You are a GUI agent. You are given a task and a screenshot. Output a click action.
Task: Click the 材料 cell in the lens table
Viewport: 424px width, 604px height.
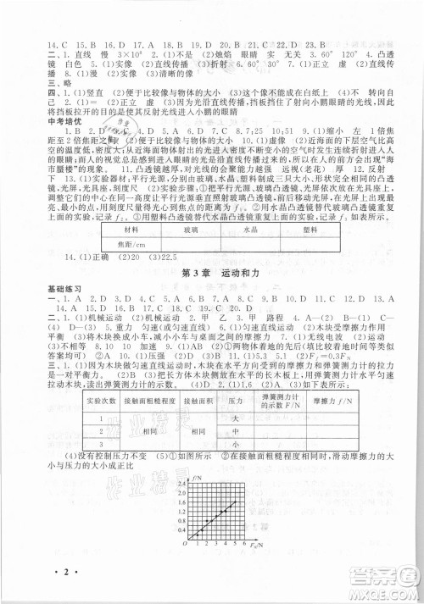[x=132, y=230]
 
